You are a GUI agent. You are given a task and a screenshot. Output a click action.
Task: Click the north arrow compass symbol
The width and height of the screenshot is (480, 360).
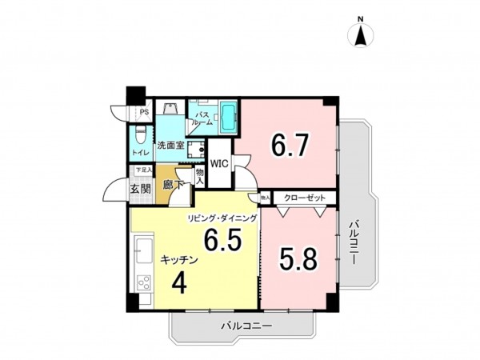(361, 34)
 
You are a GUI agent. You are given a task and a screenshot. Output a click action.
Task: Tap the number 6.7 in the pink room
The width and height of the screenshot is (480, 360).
(290, 146)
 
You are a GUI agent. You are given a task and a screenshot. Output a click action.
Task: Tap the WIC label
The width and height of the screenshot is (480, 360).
(220, 163)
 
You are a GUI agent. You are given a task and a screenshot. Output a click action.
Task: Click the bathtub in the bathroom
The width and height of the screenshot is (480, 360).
(228, 118)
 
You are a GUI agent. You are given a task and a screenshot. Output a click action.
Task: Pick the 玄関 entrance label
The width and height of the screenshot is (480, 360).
(141, 189)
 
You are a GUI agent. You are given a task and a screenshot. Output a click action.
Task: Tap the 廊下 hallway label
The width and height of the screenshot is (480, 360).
(172, 186)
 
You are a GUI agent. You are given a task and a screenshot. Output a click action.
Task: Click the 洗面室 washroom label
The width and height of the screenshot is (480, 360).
(170, 146)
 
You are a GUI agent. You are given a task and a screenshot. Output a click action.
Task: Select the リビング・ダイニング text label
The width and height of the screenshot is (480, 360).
(222, 218)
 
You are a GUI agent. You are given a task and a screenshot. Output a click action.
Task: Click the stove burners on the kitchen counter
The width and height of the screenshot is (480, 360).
(144, 282)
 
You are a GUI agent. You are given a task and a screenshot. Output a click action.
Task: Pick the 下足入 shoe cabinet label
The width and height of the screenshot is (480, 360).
(142, 170)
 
